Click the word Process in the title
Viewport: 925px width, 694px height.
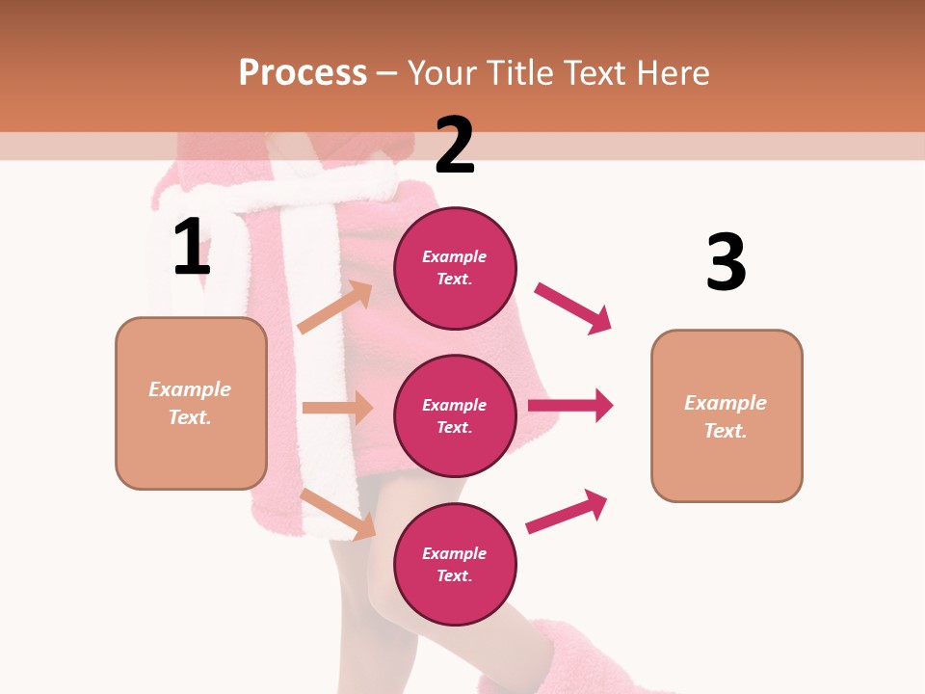(303, 72)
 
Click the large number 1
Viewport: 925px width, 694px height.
(192, 248)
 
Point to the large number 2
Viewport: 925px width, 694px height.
(455, 146)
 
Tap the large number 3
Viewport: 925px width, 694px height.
(726, 263)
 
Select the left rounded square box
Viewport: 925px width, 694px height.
(191, 403)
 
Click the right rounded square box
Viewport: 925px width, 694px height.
(727, 415)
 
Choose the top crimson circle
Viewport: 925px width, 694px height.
(455, 268)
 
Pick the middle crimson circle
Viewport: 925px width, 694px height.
(455, 415)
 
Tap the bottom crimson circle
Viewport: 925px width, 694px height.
(455, 564)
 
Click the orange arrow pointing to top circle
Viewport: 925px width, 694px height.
(334, 307)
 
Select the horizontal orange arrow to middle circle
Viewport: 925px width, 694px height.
(336, 408)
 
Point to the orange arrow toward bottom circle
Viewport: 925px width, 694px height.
(337, 513)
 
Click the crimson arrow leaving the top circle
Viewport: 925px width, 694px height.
(572, 307)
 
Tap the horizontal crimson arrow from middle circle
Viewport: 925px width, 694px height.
(569, 406)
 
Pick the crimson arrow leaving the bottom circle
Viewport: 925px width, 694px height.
(567, 512)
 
